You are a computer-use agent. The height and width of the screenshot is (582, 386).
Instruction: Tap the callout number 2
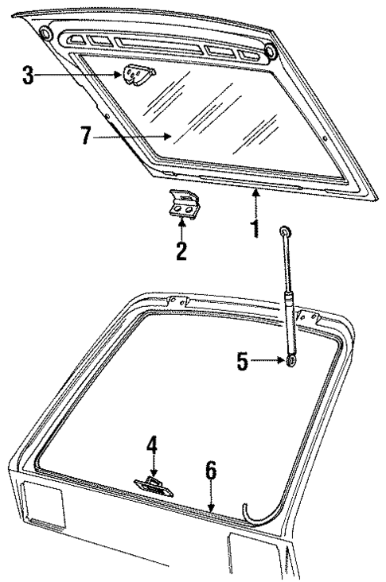point(182,252)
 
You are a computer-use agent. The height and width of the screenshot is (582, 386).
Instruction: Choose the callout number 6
point(210,471)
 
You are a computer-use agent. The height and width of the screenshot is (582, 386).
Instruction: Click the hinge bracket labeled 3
point(137,76)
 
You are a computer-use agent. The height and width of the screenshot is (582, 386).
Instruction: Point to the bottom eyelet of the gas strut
point(292,363)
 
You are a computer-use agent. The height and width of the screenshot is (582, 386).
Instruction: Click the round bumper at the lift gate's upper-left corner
point(45,34)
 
